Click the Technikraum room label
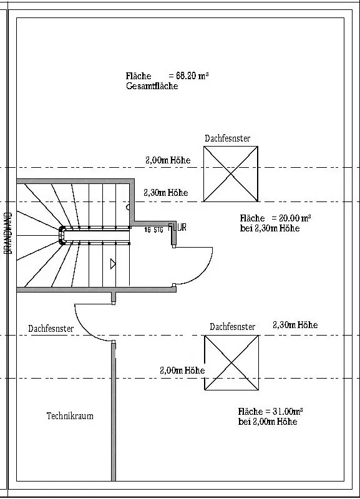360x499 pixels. pos(70,416)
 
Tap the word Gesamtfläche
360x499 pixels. pos(152,86)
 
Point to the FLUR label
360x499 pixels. pos(177,227)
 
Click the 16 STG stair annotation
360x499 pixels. pos(153,230)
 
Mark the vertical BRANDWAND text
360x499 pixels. pos(9,233)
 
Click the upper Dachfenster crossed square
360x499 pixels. pos(231,174)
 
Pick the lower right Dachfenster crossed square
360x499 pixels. pos(231,363)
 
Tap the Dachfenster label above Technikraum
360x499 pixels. pos(51,329)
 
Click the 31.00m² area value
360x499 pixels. pos(288,411)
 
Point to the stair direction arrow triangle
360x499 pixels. pos(113,264)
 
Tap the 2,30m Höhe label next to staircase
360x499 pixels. pos(166,193)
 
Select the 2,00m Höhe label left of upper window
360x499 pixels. pos(168,160)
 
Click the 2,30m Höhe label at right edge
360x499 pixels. pos(295,324)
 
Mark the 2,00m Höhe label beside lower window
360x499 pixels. pos(182,370)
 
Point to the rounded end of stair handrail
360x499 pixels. pos(61,235)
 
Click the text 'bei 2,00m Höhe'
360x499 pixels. pos(268,422)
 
